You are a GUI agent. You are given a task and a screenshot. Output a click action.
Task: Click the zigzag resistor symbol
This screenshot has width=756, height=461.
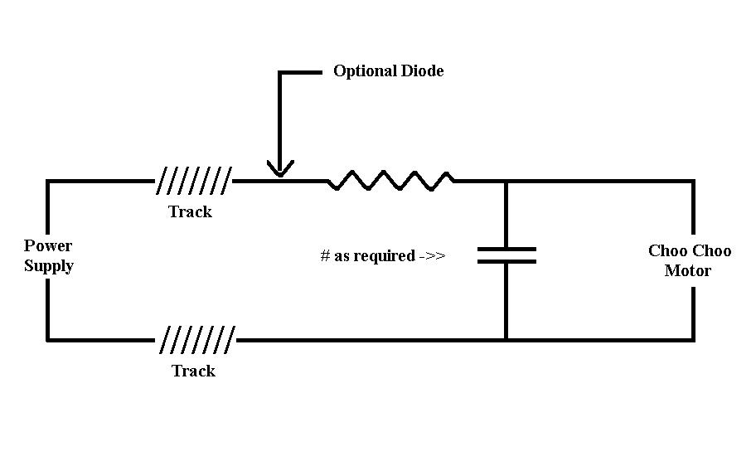point(390,180)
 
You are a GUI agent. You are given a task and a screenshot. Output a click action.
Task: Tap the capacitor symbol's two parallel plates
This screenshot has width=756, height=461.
point(506,255)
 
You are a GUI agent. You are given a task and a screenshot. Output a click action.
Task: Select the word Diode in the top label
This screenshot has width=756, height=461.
point(424,71)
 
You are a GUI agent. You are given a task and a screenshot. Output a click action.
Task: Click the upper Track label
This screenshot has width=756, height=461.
point(190,211)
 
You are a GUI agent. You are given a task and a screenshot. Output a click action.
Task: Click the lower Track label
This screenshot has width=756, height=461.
point(193,371)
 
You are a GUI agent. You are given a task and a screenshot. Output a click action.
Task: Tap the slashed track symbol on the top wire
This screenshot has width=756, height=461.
point(195,179)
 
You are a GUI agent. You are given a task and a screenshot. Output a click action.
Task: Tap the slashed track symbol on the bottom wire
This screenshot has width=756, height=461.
point(197,338)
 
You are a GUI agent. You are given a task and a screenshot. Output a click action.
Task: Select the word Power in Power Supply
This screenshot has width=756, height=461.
point(48,245)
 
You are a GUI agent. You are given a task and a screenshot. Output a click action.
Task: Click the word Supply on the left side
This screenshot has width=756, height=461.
point(49,266)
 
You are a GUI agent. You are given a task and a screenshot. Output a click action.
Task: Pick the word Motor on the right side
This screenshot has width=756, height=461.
point(688,271)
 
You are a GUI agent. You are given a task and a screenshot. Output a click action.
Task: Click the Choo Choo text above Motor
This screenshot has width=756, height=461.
point(690,250)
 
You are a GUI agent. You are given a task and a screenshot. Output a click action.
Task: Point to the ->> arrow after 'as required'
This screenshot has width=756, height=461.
point(432,256)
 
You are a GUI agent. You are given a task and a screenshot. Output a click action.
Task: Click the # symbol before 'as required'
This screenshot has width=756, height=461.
point(325,256)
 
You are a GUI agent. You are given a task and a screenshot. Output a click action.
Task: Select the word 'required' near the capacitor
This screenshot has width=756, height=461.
point(385,256)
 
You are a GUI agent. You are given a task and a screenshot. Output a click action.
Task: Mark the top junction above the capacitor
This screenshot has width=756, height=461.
point(506,181)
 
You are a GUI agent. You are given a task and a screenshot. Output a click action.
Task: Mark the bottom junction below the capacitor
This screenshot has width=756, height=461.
point(506,339)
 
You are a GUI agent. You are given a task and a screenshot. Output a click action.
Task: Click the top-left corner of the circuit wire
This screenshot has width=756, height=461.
point(48,182)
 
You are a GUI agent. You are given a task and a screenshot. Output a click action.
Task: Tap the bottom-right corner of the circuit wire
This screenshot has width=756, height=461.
point(693,339)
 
